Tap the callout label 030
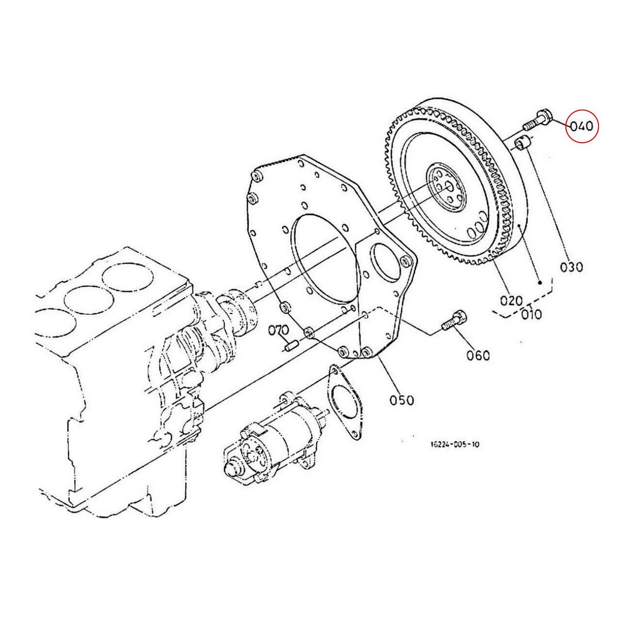pos(572,267)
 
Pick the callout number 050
pos(402,399)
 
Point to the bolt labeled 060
pos(454,323)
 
